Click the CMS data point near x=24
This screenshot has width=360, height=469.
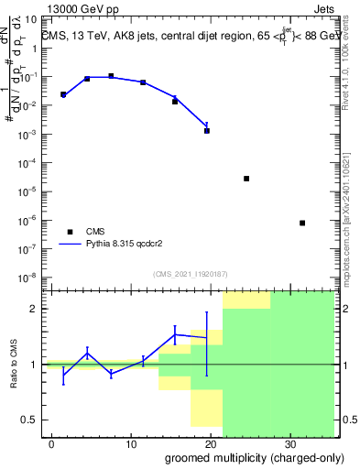[246, 179]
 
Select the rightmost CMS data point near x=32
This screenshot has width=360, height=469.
[302, 223]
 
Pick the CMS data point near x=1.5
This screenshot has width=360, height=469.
[63, 94]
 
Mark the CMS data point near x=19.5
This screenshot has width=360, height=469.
[207, 130]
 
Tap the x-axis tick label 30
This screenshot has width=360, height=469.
[289, 443]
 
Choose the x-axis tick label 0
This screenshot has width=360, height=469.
[51, 443]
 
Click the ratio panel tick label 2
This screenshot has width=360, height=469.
[37, 309]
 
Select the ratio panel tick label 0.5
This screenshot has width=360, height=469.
[33, 420]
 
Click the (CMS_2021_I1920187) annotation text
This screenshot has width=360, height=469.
[189, 273]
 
